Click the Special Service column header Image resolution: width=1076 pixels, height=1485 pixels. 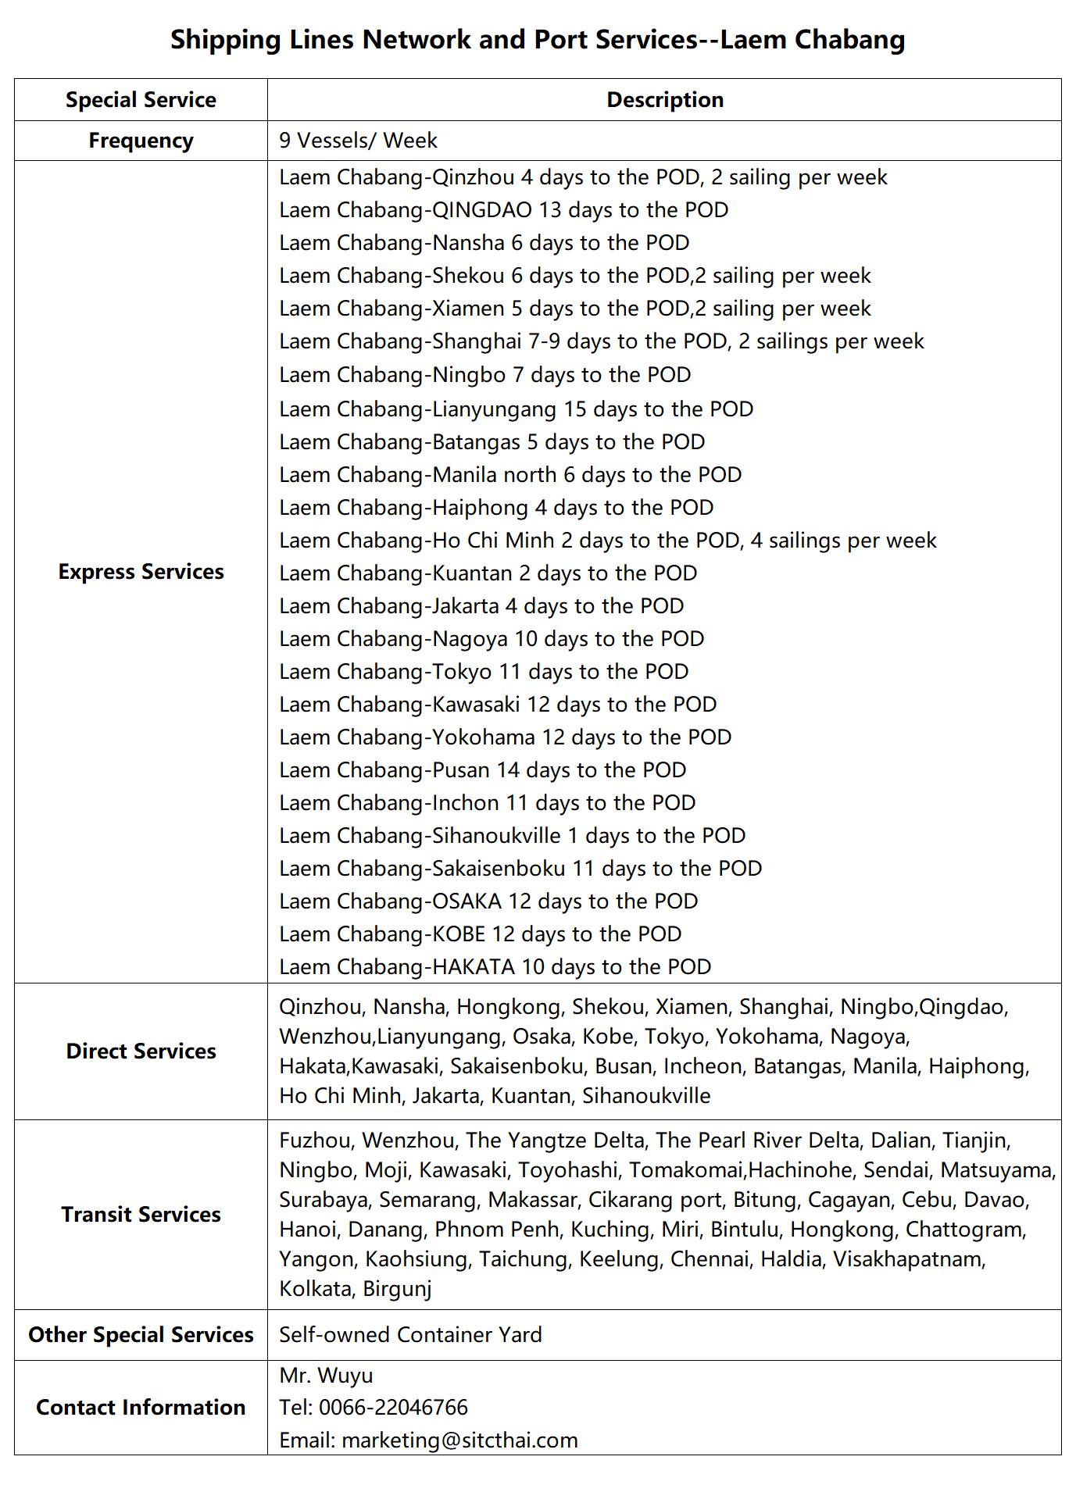(x=141, y=100)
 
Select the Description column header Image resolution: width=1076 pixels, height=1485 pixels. (x=665, y=100)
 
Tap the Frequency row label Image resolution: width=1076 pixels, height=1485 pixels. (x=141, y=141)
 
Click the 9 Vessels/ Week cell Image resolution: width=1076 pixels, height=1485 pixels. (x=358, y=141)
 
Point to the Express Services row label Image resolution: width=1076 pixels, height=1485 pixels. (x=141, y=572)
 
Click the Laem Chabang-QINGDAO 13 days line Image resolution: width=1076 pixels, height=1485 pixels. (x=503, y=210)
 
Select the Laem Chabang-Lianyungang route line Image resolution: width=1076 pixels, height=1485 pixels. (x=516, y=409)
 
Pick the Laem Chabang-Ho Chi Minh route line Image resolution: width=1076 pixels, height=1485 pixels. (x=607, y=541)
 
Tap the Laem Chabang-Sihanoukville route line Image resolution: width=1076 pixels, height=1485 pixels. (x=512, y=836)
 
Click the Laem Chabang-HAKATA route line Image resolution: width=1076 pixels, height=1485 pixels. (x=495, y=967)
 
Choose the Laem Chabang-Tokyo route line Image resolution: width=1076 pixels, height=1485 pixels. (x=484, y=672)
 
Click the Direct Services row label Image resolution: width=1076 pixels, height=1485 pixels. (x=141, y=1051)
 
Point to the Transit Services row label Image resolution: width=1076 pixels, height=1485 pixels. (x=141, y=1215)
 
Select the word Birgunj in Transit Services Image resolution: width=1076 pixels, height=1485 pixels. (x=397, y=1289)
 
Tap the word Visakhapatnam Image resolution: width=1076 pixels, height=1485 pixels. (x=909, y=1259)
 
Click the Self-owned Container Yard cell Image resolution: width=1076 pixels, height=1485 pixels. (x=410, y=1335)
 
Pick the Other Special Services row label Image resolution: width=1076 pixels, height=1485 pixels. (x=141, y=1335)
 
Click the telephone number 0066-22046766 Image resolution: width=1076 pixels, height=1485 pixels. (x=393, y=1408)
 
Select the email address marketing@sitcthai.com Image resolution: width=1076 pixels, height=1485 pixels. (x=459, y=1440)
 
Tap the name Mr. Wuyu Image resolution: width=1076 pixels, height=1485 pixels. (x=326, y=1376)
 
